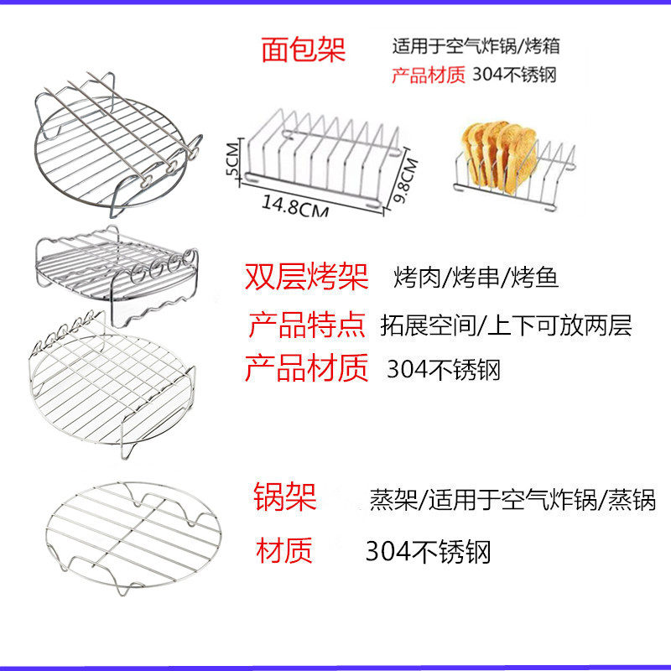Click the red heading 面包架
pyautogui.click(x=303, y=49)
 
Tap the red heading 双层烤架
pyautogui.click(x=306, y=278)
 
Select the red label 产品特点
pyautogui.click(x=307, y=325)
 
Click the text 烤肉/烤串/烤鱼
pyautogui.click(x=476, y=278)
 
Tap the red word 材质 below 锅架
pyautogui.click(x=284, y=551)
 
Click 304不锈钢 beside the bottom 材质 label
pyautogui.click(x=428, y=552)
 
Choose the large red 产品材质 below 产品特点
pyautogui.click(x=307, y=368)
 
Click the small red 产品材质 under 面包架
pyautogui.click(x=427, y=74)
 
